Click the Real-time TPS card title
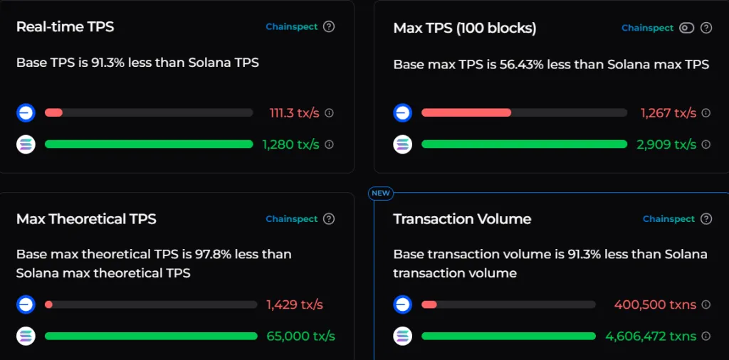[65, 27]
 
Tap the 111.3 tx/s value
[294, 113]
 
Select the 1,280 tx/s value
[290, 144]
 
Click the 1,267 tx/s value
[668, 113]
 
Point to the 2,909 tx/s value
[666, 144]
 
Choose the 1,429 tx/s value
[295, 305]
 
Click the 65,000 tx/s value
[300, 336]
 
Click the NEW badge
[381, 193]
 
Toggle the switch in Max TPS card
[686, 28]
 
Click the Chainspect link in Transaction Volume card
[668, 219]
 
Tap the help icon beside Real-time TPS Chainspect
[329, 27]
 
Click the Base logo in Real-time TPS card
[26, 113]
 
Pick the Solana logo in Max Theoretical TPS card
[26, 336]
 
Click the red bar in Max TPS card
[466, 112]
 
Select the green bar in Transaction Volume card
[508, 336]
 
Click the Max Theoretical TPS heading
[86, 219]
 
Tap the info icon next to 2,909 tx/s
[706, 144]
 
